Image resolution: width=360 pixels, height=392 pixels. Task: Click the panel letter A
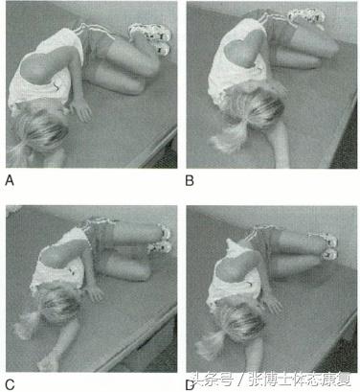pos(10,181)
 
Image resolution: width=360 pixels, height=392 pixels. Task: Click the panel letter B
pos(190,181)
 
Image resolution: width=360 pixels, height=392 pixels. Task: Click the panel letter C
pos(10,384)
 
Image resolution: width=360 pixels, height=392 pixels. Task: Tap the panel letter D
pos(191,385)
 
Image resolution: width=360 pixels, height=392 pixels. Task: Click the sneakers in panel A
pos(150,36)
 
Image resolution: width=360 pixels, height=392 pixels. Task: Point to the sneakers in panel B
pos(306,17)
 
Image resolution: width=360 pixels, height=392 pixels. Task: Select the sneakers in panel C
pos(160,239)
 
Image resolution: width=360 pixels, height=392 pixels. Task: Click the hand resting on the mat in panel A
pos(83,111)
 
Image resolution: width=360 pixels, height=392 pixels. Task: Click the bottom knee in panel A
pos(137,87)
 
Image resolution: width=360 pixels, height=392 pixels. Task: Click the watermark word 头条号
pos(214,380)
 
